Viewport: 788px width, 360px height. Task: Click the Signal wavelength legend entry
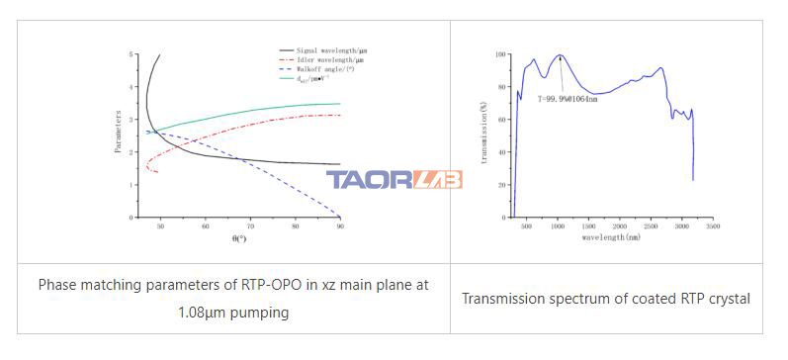click(325, 49)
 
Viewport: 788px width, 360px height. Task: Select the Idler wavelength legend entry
click(323, 60)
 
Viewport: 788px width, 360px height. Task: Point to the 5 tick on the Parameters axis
click(132, 54)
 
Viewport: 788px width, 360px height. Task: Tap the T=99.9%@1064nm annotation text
click(568, 97)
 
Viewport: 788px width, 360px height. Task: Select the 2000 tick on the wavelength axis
click(618, 226)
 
